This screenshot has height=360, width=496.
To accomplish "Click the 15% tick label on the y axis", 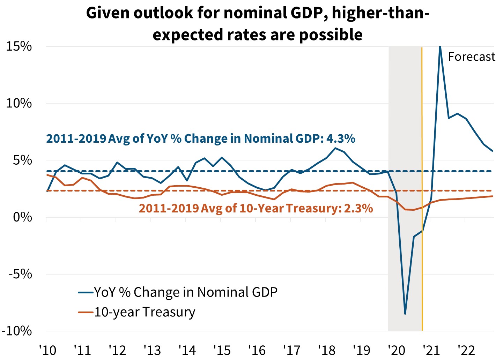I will click(19, 46).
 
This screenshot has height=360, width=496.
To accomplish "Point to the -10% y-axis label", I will click(17, 331).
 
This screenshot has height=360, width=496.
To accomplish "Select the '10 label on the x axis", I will click(47, 350).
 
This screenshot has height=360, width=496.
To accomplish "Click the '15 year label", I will click(222, 350).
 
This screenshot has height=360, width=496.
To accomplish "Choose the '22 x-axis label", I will click(466, 350).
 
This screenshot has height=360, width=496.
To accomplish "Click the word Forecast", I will click(471, 57).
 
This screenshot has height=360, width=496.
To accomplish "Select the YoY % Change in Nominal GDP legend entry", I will click(185, 292).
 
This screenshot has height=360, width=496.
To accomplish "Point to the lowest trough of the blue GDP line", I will click(405, 314).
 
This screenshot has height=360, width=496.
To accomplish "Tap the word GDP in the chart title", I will click(306, 13).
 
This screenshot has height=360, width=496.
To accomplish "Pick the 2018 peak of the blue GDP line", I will click(335, 148).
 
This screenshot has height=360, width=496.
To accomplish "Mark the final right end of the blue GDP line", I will click(493, 151).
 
